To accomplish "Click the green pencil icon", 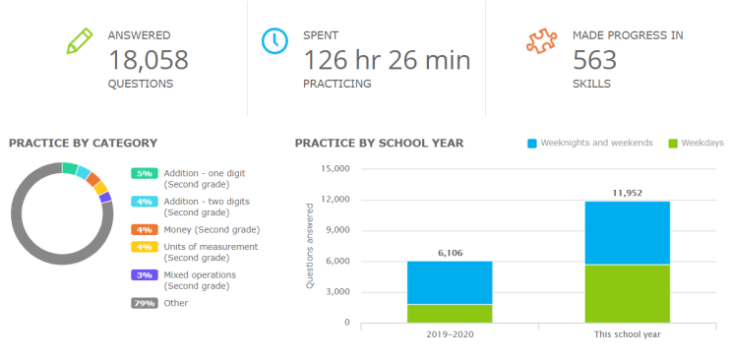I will pos(78,41).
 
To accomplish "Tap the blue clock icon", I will pos(274,41).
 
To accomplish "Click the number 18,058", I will pos(148,60).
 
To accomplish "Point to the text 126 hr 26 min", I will pos(387,60).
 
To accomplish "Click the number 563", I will pos(594,60).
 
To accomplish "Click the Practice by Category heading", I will pos(83,144).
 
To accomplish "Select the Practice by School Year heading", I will pos(379,144).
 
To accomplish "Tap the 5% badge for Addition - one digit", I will pos(145,173).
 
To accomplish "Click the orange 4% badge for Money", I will pos(145,228).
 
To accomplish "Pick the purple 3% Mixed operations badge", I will pos(145,275).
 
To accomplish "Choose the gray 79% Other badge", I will pos(145,303).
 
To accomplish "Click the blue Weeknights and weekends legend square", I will pos(532,144).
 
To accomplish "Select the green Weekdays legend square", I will pos(674,144).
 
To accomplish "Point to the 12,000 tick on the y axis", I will pos(336,200).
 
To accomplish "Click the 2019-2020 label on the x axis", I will pos(451,335).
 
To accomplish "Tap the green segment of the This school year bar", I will pos(629,293).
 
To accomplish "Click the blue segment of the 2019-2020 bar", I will pos(451,282).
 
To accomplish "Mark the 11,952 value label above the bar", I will pos(629,193).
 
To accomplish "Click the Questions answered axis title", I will pos(310,246).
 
